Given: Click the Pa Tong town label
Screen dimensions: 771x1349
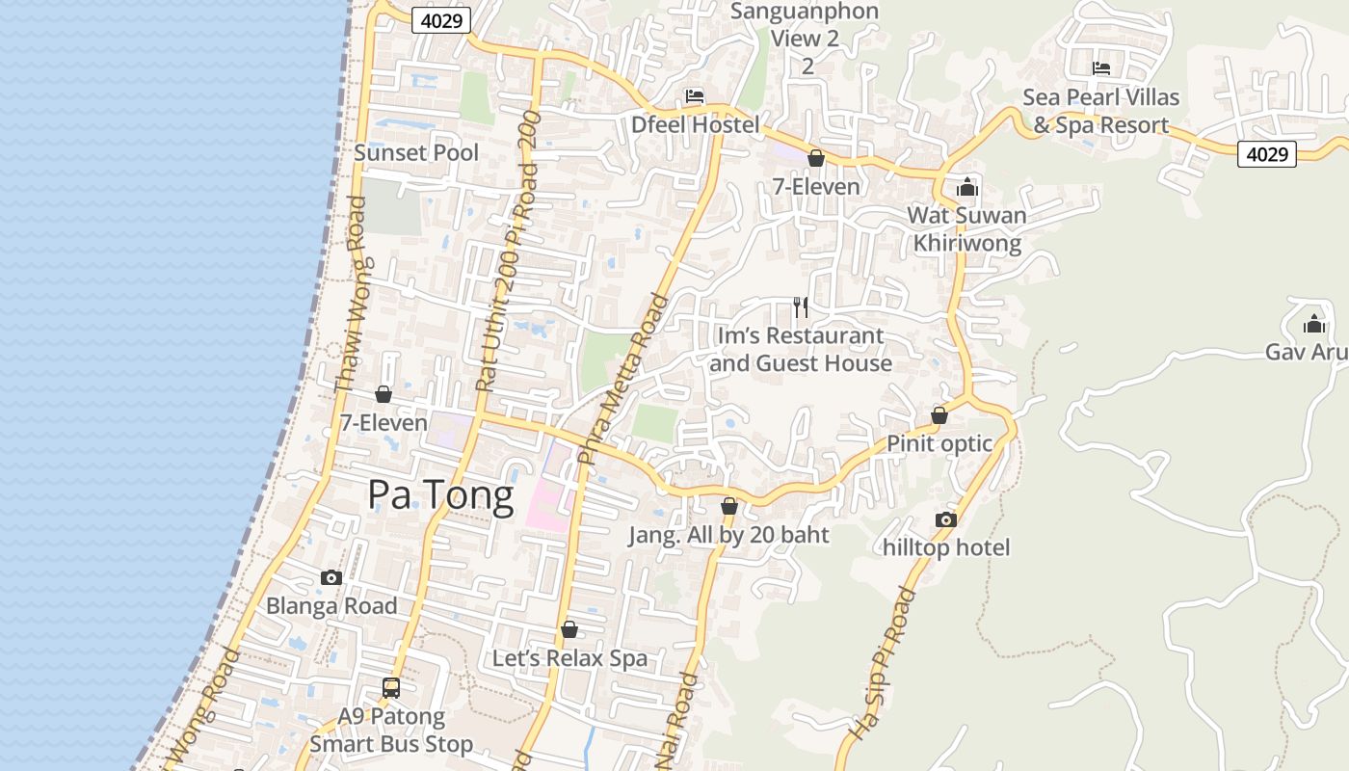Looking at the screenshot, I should pos(440,494).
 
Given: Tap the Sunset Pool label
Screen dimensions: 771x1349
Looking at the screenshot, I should pos(416,152).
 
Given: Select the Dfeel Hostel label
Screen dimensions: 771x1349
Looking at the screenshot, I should pos(695,124).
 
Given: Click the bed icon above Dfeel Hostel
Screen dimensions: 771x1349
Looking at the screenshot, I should pos(695,95).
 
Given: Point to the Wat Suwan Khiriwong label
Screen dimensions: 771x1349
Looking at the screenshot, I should pos(966,228).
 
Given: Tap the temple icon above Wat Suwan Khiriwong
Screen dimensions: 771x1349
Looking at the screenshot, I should pos(966,186).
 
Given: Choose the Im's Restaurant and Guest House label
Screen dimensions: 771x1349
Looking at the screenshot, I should pos(800,350).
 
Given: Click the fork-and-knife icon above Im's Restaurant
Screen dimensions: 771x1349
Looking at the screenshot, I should pos(800,306).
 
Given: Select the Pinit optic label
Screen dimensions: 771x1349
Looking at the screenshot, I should pos(939,443).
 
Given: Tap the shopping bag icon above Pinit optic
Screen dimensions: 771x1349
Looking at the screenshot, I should pos(939,415).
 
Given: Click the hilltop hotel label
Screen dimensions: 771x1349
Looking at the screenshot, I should pos(946,547).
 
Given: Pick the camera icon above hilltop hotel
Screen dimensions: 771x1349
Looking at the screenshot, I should pos(946,519).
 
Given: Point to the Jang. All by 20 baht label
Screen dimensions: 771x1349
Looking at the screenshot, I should pos(728,535).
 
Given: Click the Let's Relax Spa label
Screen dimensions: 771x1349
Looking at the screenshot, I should pos(569,658).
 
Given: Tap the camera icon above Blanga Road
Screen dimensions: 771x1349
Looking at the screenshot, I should pos(331,577).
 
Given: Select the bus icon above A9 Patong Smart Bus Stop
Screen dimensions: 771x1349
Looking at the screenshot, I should pos(390,687).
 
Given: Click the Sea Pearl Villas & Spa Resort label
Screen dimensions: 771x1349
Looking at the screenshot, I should pos(1100,111).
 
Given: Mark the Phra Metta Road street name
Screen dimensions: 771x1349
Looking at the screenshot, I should pos(622,379).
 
